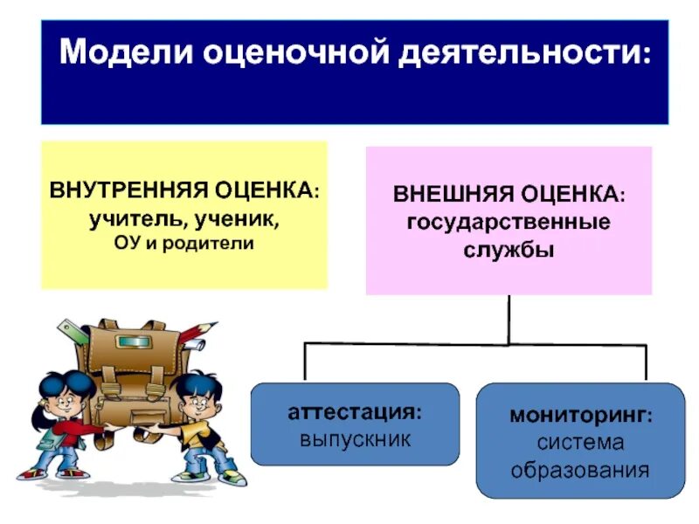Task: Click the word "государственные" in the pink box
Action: [509, 222]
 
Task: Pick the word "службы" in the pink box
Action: [509, 250]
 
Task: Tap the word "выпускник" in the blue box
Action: [355, 438]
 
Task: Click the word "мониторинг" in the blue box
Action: [577, 414]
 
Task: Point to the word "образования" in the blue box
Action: [580, 471]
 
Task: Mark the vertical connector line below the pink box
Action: [509, 319]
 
